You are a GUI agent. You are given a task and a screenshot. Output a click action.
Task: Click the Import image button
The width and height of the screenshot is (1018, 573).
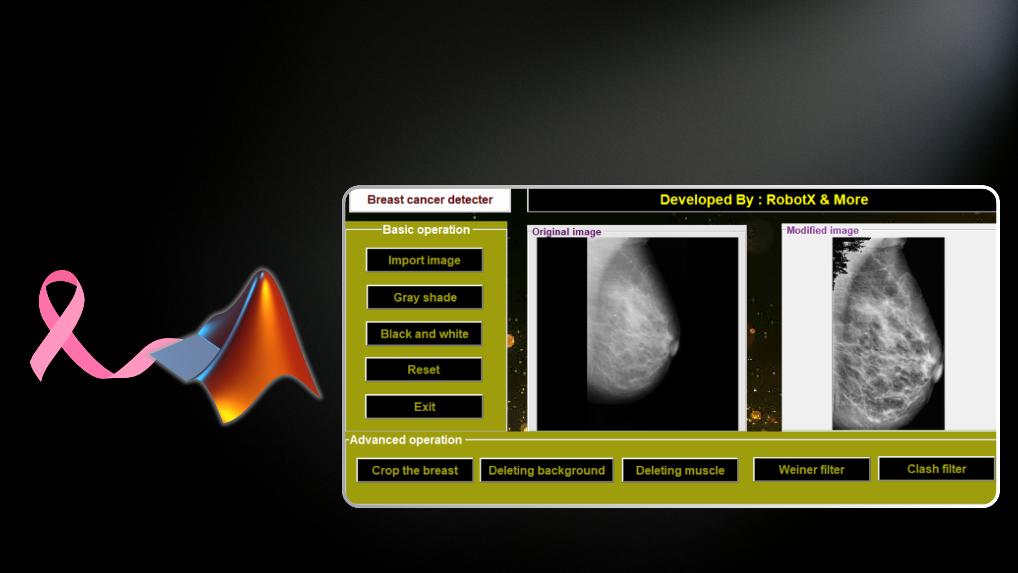(x=424, y=260)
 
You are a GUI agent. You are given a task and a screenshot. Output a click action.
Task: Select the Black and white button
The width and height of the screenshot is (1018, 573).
(x=424, y=334)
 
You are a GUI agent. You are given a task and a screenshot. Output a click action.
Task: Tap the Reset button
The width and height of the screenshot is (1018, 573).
(x=424, y=370)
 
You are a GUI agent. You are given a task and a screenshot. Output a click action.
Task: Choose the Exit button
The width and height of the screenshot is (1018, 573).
(x=424, y=407)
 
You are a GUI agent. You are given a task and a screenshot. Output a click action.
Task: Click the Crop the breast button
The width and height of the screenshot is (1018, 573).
(x=415, y=470)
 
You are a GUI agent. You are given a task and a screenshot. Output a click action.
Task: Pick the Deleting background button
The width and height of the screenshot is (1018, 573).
(x=546, y=470)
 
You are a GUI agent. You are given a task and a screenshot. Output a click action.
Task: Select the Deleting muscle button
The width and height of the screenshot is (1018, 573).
(x=680, y=470)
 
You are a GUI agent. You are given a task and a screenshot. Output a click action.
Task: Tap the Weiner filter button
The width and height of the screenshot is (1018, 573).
(x=811, y=470)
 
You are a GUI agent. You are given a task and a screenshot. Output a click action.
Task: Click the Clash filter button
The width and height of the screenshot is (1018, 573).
(x=936, y=469)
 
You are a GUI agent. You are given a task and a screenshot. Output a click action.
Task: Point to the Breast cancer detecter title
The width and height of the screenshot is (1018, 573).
(x=429, y=200)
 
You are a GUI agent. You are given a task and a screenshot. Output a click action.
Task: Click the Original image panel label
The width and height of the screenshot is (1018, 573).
(x=566, y=232)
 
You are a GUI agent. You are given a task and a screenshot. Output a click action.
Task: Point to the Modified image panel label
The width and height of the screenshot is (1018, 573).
(x=822, y=230)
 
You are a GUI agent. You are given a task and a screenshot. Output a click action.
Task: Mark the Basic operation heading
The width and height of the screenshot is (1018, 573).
(x=426, y=230)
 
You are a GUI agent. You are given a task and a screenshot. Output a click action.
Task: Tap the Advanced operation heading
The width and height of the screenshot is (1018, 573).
(x=406, y=440)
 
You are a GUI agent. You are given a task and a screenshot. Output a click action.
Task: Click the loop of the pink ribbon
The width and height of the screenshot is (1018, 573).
(x=62, y=289)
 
